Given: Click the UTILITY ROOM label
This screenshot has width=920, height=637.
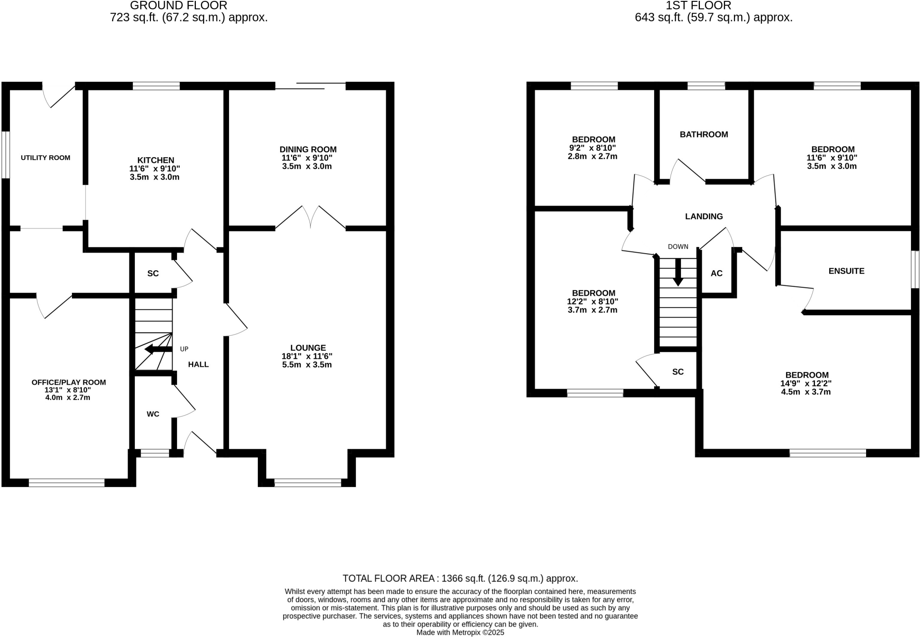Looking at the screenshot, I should coord(45,158).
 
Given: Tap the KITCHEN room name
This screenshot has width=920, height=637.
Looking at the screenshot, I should coord(155,160).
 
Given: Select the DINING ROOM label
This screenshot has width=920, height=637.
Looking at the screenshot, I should coord(308,149).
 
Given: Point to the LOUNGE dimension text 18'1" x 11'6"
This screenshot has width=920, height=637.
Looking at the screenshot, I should coord(307,356).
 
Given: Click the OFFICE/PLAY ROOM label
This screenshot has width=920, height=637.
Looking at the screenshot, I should coord(69,382).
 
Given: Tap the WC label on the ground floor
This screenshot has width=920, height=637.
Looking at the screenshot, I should coord(153,414).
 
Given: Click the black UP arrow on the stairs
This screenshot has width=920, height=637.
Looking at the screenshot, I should coord(155,349).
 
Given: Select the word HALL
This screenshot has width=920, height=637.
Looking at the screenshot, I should coord(198,365).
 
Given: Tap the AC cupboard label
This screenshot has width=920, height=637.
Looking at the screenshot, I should coord(717,273).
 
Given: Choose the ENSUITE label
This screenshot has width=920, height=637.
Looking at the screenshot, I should coord(846,271).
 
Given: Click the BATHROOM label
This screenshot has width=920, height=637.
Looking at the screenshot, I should coord(703,135).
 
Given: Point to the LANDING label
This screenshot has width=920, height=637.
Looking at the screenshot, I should coord(703,216).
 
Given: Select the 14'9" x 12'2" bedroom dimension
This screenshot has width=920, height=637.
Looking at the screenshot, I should coord(806,384).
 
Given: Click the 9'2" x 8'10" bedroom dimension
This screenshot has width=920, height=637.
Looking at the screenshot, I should coord(593,148).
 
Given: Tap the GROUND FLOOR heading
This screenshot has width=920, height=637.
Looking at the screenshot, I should coord(178,6).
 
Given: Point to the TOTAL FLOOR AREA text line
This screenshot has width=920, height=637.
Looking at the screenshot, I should coord(460,578).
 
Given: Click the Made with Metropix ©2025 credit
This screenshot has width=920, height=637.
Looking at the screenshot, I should coord(460,633).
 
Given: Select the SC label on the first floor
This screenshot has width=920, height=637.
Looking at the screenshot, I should coord(678,372).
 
